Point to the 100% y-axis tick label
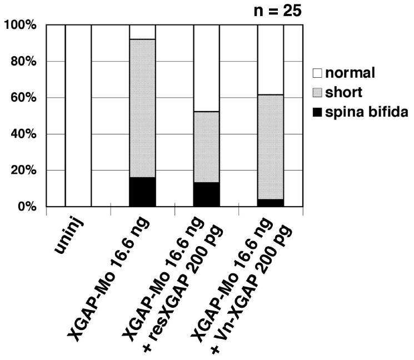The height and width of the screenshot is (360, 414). pos(19,26)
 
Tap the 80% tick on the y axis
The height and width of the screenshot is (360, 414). pos(23,62)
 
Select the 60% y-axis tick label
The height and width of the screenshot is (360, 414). pos(23,98)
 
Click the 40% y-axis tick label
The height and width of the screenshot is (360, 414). pos(23,134)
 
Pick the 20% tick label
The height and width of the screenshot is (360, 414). pos(23,171)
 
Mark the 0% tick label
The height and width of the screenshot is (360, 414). pos(27,207)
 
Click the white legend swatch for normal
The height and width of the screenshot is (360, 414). pos(318,72)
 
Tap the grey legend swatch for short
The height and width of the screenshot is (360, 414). pos(318,92)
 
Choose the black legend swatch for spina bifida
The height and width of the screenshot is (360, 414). pos(318,112)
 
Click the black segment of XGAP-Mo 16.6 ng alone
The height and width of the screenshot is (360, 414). pos(142,192)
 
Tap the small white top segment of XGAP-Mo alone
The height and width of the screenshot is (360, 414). pos(142,32)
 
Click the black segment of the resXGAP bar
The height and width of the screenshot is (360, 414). pos(207,194)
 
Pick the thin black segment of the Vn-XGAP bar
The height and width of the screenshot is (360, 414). pos(271,203)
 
